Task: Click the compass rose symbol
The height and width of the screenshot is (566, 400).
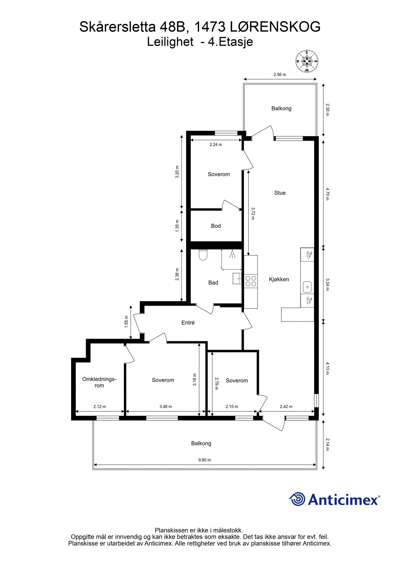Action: tap(306, 61)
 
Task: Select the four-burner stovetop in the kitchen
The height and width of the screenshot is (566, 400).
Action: tap(251, 281)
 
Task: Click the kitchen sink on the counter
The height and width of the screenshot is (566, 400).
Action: tap(307, 287)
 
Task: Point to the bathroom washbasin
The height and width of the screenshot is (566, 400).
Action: tap(236, 278)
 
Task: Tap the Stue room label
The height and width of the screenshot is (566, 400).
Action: tap(280, 193)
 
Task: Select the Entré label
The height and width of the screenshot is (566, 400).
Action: tap(188, 323)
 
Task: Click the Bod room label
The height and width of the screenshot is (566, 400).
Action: tap(216, 226)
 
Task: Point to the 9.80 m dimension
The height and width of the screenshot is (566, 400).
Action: tap(204, 460)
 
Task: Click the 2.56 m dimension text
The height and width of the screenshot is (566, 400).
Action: tap(280, 75)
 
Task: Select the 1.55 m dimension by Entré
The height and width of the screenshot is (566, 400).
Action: tap(126, 324)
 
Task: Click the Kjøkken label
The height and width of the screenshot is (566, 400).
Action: tap(279, 279)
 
